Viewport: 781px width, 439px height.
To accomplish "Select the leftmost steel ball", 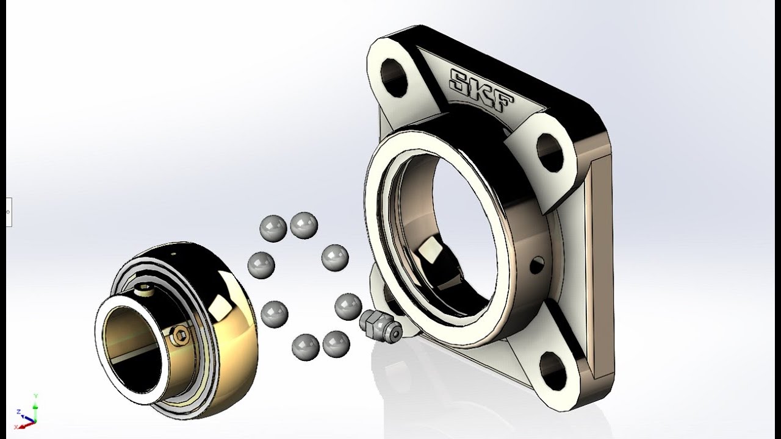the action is click(261, 265).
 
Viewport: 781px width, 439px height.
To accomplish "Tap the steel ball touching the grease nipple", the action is click(348, 307).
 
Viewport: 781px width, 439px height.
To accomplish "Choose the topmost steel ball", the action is click(304, 226).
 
